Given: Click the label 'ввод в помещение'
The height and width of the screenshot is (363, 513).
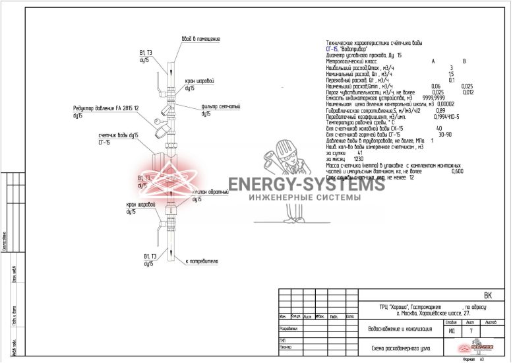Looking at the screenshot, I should click(201, 39).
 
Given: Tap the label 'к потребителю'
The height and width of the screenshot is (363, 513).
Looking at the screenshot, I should click(201, 261).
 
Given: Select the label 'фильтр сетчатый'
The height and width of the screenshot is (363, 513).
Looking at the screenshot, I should click(220, 106).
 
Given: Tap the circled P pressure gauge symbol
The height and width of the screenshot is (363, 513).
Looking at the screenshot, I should click(156, 121).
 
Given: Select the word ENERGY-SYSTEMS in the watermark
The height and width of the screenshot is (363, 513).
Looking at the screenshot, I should click(306, 185).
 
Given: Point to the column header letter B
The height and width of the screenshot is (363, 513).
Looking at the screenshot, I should click(464, 61).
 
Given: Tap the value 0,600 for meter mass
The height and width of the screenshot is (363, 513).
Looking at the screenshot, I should click(458, 171).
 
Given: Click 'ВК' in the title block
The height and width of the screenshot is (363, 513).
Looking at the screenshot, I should click(488, 296).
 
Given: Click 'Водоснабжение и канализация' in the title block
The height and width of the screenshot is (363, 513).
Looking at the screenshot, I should click(400, 329).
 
